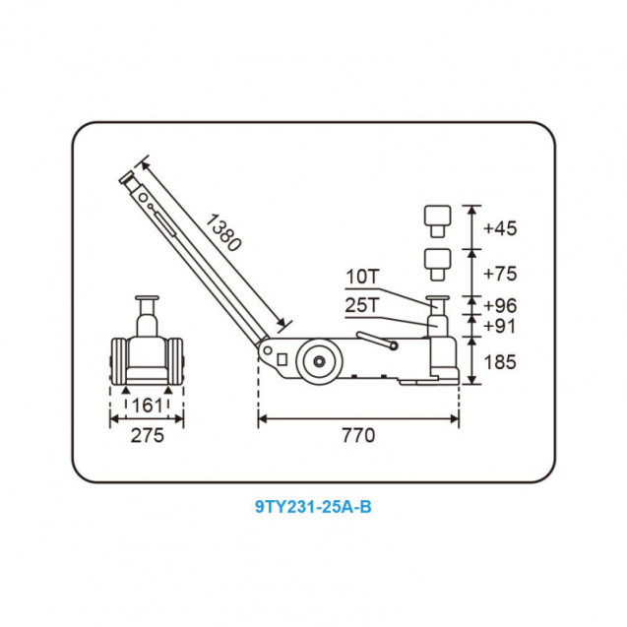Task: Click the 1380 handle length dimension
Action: (223, 232)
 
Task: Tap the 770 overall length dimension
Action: (358, 435)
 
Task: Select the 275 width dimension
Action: (148, 435)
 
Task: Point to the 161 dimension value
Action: (148, 406)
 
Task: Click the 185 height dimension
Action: (500, 362)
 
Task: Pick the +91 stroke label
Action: (500, 326)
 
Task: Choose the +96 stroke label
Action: (500, 305)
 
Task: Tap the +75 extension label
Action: (500, 274)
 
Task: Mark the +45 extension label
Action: (500, 228)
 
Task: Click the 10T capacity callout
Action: (362, 277)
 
